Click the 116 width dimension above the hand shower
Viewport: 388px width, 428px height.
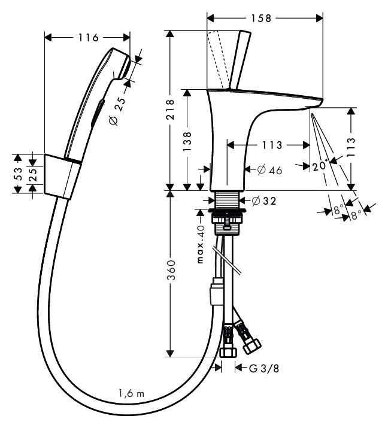pos(88,38)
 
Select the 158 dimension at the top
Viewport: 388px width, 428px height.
pos(260,18)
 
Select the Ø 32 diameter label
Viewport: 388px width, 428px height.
pos(263,201)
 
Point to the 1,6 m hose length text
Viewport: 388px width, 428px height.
pos(131,393)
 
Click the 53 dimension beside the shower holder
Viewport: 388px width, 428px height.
pos(19,174)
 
